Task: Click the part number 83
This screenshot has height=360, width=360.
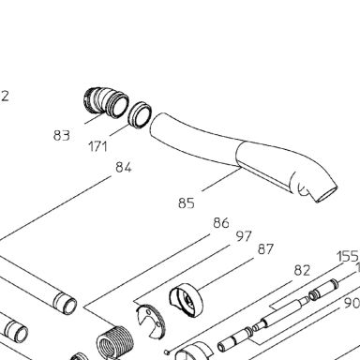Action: click(62, 136)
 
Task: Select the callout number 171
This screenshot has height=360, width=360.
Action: click(98, 146)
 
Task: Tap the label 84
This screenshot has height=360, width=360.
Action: click(124, 168)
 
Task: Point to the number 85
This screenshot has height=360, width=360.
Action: click(187, 203)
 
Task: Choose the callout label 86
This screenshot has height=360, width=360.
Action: click(221, 223)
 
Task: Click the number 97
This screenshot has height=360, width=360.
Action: click(244, 236)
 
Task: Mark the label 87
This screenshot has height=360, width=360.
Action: click(265, 249)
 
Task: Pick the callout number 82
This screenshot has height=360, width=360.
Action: click(302, 271)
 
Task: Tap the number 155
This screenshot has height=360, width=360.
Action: click(348, 257)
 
